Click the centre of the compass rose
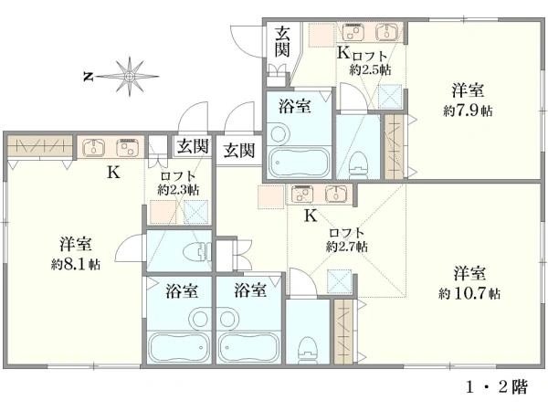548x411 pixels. (130, 76)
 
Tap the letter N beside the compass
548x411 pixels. (88, 76)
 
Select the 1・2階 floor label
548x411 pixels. (497, 387)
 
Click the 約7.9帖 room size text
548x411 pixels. (468, 111)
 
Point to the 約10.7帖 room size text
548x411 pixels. (469, 293)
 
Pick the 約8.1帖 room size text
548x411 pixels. (76, 264)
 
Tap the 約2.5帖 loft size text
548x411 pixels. (370, 70)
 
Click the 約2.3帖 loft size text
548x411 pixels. (178, 190)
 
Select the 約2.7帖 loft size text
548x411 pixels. (347, 248)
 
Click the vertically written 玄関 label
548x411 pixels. (282, 42)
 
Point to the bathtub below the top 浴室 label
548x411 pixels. (300, 163)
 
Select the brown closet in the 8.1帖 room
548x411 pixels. (40, 145)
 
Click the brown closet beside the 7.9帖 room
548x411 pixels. (395, 147)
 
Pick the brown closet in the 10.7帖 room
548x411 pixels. (343, 332)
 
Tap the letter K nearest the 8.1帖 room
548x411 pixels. (113, 172)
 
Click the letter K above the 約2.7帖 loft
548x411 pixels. (311, 216)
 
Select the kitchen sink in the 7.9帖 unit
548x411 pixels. (386, 33)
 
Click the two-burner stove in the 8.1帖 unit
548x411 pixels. (128, 147)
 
